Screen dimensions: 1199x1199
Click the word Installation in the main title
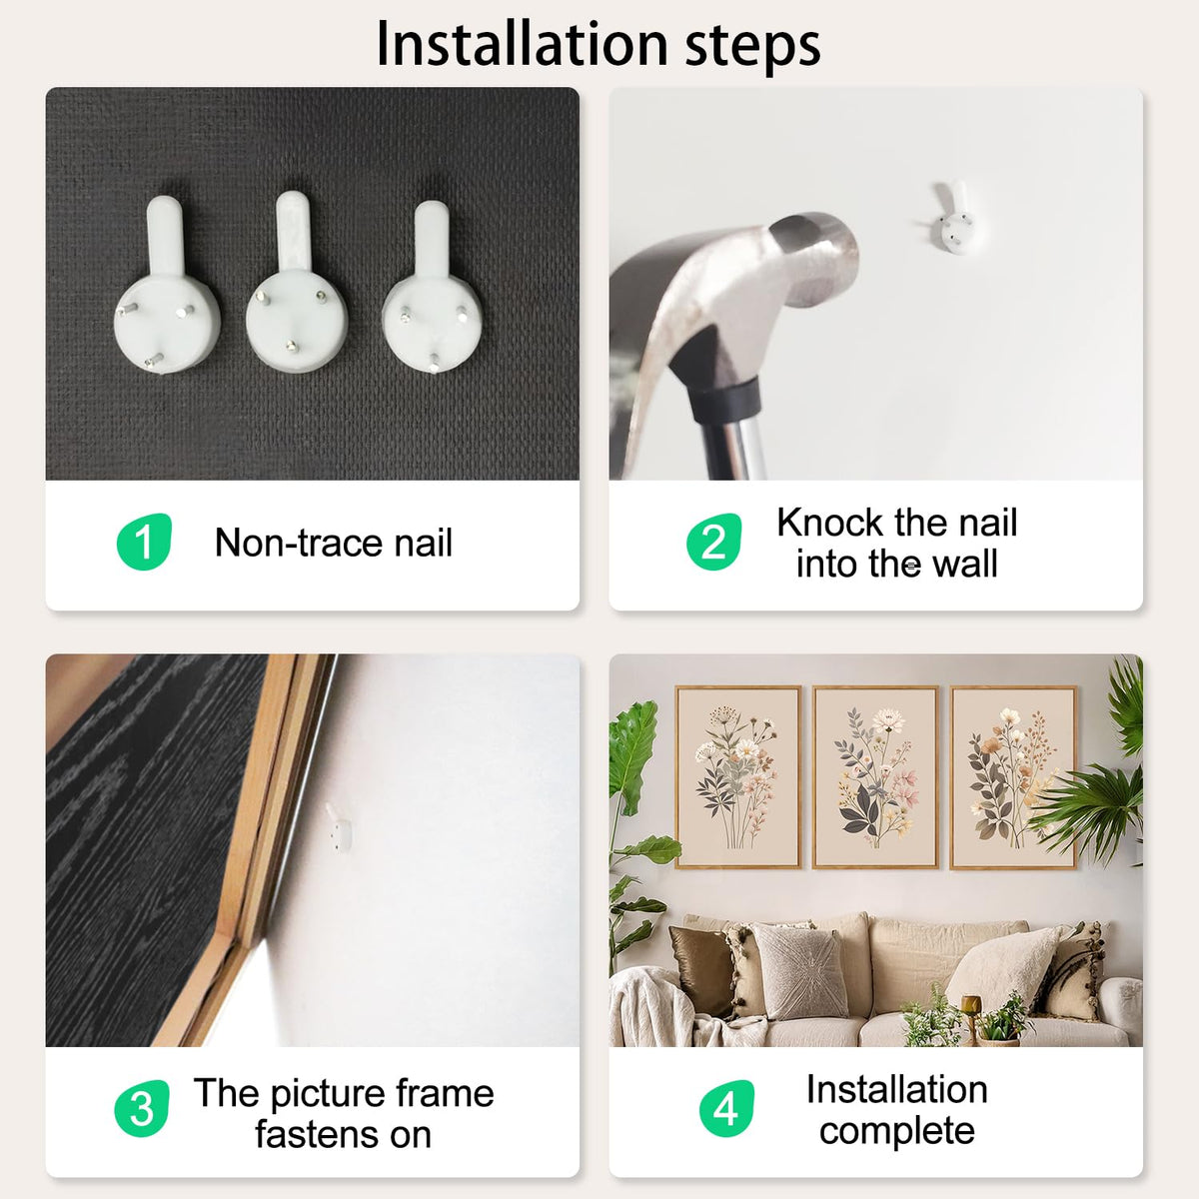tap(522, 44)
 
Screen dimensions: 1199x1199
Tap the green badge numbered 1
tap(144, 542)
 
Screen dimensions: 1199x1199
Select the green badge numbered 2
tap(713, 542)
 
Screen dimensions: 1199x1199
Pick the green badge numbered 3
tap(141, 1108)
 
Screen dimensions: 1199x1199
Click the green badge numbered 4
tap(726, 1108)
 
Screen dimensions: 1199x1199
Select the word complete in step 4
tap(896, 1131)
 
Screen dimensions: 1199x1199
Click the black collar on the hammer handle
tap(726, 400)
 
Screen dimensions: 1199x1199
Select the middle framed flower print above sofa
tap(875, 777)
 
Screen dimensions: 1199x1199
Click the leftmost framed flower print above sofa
tap(738, 777)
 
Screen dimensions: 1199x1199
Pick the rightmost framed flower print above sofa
tap(1013, 777)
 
